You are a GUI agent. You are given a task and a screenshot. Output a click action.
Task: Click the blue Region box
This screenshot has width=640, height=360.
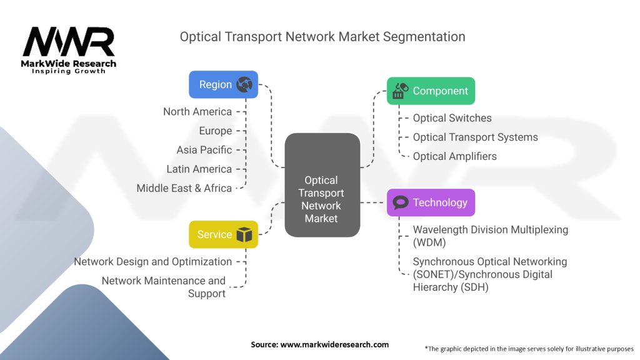223,84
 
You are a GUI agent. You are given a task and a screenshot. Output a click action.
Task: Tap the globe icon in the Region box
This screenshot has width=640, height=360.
244,84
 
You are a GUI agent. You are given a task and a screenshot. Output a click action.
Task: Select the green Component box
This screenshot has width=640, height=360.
431,91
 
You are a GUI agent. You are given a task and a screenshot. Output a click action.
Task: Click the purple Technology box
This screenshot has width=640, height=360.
431,202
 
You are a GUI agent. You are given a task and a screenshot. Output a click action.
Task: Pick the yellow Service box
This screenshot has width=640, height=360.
223,235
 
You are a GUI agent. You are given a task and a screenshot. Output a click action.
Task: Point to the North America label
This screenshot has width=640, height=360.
197,112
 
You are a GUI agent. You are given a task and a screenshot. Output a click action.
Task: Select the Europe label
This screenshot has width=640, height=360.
215,131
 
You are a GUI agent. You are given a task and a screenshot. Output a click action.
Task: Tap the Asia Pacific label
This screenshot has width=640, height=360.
204,150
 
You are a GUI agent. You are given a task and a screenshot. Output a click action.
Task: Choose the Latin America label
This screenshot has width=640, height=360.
199,169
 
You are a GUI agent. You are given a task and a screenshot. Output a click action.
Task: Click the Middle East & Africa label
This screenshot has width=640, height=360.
184,188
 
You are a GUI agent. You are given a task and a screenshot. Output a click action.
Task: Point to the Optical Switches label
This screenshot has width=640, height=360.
452,118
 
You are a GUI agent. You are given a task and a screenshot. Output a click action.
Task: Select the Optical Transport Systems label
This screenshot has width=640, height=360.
475,137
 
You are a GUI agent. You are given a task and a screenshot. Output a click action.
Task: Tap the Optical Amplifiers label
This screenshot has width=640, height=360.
454,156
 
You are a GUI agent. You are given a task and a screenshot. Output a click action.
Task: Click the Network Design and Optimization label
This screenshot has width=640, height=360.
152,262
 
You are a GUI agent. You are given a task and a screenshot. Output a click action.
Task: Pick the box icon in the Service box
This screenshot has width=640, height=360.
244,235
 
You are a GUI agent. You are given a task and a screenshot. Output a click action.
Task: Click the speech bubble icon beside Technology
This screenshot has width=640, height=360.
401,202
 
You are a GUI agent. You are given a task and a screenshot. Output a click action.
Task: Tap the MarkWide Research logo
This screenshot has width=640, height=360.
69,50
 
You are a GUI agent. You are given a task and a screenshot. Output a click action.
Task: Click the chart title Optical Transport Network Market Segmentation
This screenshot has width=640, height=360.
322,37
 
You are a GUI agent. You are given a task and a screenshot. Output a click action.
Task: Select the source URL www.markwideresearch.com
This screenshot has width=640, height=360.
334,344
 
